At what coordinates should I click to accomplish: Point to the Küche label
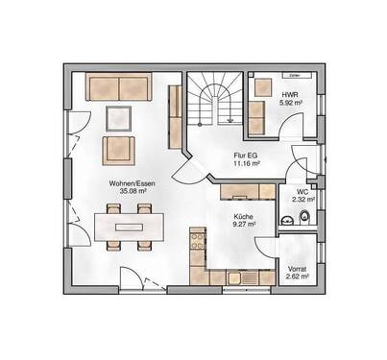(243, 218)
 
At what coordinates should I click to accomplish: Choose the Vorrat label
(297, 268)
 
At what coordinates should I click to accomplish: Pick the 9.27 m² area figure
(243, 227)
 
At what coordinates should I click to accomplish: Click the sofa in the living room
(119, 88)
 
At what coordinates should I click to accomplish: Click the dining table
(125, 228)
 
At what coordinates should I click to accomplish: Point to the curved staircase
(213, 103)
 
